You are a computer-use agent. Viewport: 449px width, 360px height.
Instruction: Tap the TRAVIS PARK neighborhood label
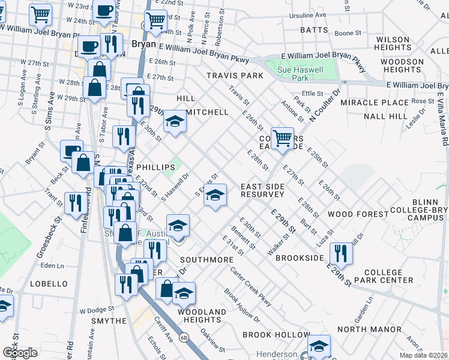[x=235, y=76]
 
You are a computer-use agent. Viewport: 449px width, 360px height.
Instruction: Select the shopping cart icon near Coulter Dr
[x=282, y=139]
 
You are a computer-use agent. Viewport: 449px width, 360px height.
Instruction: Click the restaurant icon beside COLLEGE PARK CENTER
[x=341, y=252]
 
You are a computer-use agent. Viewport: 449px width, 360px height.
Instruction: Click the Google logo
[x=20, y=352]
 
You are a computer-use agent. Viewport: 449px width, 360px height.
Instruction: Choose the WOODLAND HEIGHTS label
[x=202, y=316]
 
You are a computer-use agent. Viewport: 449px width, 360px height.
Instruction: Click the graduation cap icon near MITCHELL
[x=175, y=122]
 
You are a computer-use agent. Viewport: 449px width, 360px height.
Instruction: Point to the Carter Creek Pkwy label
[x=252, y=287]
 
